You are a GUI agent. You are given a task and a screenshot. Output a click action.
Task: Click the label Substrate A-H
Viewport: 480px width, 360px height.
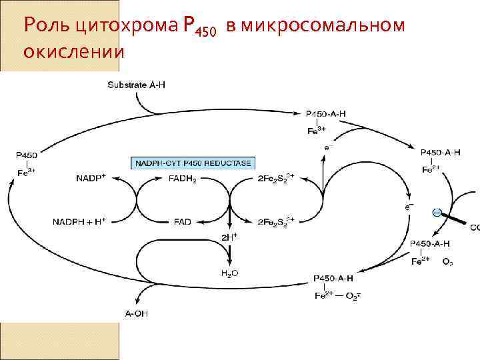(x=137, y=85)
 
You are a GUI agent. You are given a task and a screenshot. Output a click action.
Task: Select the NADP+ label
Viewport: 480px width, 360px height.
(x=91, y=179)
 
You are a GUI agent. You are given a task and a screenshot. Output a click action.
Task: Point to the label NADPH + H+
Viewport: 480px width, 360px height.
(x=79, y=221)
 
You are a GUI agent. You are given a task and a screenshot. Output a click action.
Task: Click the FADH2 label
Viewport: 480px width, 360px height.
(x=182, y=179)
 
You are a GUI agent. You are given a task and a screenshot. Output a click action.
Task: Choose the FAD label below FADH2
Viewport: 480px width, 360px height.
(x=183, y=221)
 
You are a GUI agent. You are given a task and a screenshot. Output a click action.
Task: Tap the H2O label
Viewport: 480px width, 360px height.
(x=229, y=273)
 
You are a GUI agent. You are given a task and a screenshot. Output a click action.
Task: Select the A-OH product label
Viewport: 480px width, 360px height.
(x=136, y=313)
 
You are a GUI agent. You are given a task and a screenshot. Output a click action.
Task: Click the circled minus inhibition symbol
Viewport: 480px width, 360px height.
(x=436, y=212)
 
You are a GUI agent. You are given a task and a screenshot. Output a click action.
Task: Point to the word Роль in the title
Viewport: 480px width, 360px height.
(x=46, y=26)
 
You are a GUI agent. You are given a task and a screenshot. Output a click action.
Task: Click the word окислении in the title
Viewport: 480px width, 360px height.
(x=73, y=50)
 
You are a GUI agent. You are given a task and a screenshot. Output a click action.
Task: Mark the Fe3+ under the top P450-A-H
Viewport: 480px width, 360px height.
(x=316, y=131)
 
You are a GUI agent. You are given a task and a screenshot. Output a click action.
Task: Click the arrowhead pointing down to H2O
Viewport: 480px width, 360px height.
(x=229, y=261)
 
